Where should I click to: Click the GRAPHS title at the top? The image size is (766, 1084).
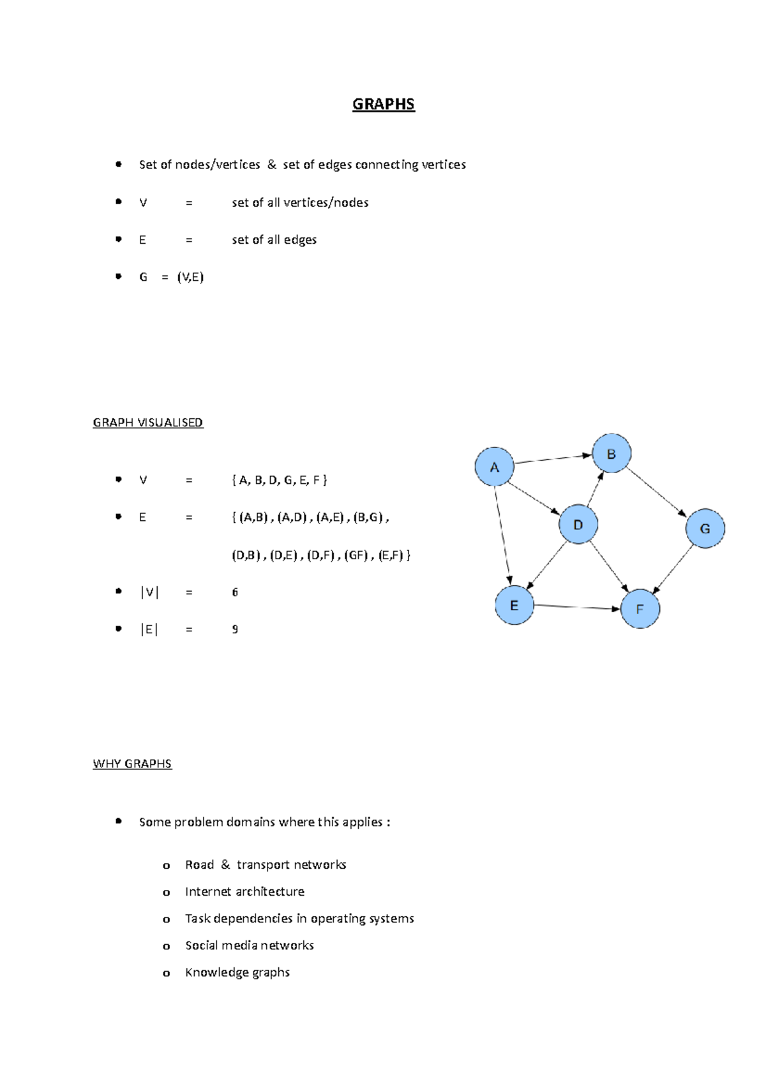(383, 104)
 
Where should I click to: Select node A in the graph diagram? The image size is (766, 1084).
(494, 467)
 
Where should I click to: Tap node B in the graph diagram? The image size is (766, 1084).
(612, 454)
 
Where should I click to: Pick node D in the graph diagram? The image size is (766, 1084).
(578, 525)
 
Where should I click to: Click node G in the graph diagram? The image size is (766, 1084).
(705, 529)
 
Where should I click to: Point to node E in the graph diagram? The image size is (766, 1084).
(514, 605)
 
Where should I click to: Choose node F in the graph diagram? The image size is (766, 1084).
(640, 609)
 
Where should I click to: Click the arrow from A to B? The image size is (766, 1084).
(553, 458)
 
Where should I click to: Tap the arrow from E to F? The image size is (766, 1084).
(576, 607)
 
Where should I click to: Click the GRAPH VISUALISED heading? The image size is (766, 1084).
(147, 423)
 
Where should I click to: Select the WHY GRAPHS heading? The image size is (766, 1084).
(132, 764)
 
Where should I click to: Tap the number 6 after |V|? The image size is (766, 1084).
(235, 592)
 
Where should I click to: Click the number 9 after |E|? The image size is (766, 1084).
(235, 629)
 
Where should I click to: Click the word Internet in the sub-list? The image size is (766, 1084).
(206, 892)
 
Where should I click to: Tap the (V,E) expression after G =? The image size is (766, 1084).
(190, 277)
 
